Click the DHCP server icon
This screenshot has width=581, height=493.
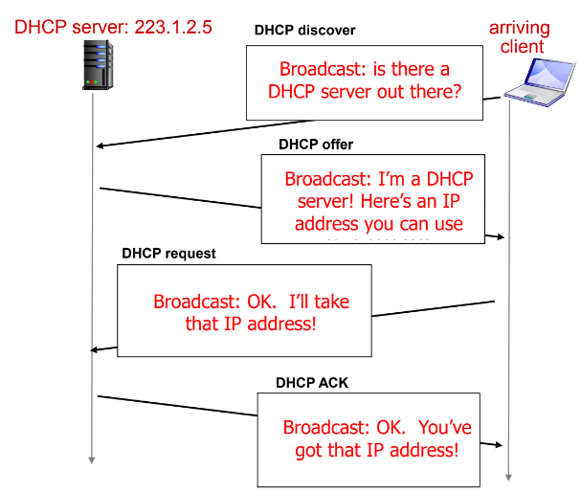[91, 65]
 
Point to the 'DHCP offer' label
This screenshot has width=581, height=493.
[316, 145]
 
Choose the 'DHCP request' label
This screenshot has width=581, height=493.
[168, 254]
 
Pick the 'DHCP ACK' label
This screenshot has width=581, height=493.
[312, 382]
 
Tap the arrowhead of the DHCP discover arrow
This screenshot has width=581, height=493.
[101, 146]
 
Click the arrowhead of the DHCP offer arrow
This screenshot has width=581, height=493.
[500, 235]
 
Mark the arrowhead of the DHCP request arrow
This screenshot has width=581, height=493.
[95, 349]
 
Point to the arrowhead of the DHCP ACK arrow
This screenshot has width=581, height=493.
[499, 445]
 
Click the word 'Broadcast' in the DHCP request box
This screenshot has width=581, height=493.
[193, 303]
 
